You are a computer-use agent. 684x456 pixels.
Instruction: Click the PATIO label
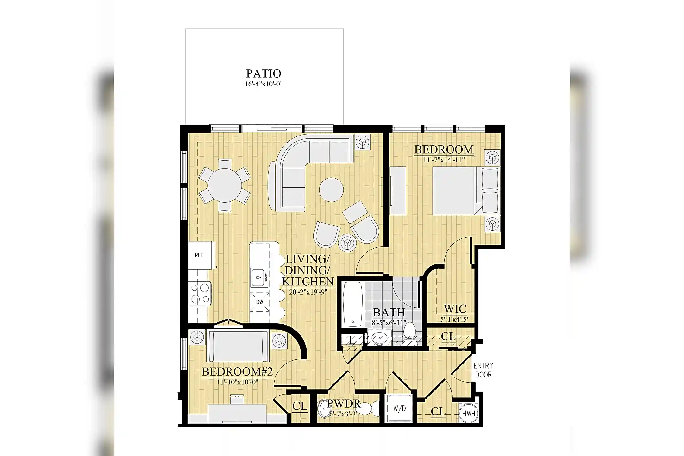(263, 73)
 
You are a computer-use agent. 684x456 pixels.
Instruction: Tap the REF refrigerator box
(199, 255)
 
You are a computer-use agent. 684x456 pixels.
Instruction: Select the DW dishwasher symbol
(260, 302)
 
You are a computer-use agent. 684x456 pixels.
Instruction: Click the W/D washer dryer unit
(399, 408)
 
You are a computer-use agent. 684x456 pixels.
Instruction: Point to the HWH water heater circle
(468, 414)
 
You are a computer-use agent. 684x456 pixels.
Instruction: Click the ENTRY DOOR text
(483, 370)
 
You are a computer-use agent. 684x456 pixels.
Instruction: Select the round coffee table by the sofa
(331, 190)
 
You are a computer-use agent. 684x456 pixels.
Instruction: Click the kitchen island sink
(259, 278)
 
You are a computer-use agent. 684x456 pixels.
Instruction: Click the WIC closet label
(455, 309)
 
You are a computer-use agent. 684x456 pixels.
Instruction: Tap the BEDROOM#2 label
(237, 372)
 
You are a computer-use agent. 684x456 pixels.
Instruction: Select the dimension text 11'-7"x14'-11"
(444, 160)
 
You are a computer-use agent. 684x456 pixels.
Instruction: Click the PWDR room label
(344, 403)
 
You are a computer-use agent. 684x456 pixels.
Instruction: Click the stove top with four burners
(200, 294)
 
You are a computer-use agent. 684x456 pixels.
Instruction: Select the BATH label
(389, 313)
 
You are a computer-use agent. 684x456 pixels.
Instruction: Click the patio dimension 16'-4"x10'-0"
(263, 84)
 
